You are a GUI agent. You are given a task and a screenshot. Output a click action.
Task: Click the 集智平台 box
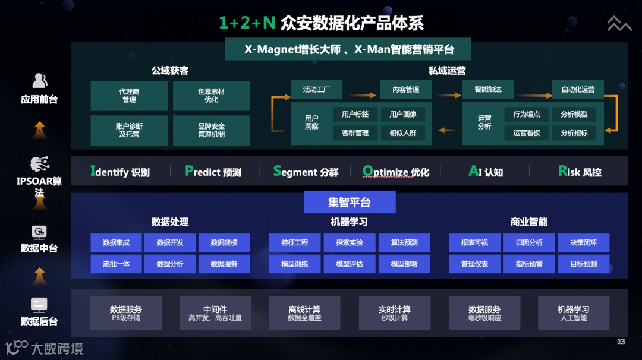coord(350,202)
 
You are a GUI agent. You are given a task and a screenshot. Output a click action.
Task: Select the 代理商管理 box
coord(129,96)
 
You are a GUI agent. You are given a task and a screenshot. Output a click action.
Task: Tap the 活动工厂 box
coord(316,90)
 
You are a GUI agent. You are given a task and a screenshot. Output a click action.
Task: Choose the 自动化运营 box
coord(578,90)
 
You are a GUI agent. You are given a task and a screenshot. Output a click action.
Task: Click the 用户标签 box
coord(355,115)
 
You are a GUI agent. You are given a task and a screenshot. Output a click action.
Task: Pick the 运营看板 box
coord(526,133)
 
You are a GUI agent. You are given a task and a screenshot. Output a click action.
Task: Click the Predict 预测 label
coord(213,172)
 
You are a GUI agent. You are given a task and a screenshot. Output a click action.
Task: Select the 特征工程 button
coord(295,242)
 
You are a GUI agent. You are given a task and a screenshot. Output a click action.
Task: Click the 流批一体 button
coord(116,264)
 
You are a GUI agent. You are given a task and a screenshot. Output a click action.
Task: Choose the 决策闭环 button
coord(583,242)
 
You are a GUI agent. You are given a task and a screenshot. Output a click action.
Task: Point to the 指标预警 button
coord(529,264)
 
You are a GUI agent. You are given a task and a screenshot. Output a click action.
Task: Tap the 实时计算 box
coord(394,313)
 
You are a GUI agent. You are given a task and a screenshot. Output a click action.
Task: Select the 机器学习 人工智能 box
coord(574,313)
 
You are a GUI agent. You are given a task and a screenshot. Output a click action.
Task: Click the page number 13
coord(621,342)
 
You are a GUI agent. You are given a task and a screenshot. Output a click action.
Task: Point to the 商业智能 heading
coord(528,222)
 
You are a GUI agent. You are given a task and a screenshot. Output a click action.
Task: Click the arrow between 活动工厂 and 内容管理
coord(362,94)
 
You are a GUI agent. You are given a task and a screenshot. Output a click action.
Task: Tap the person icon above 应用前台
coord(39,80)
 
